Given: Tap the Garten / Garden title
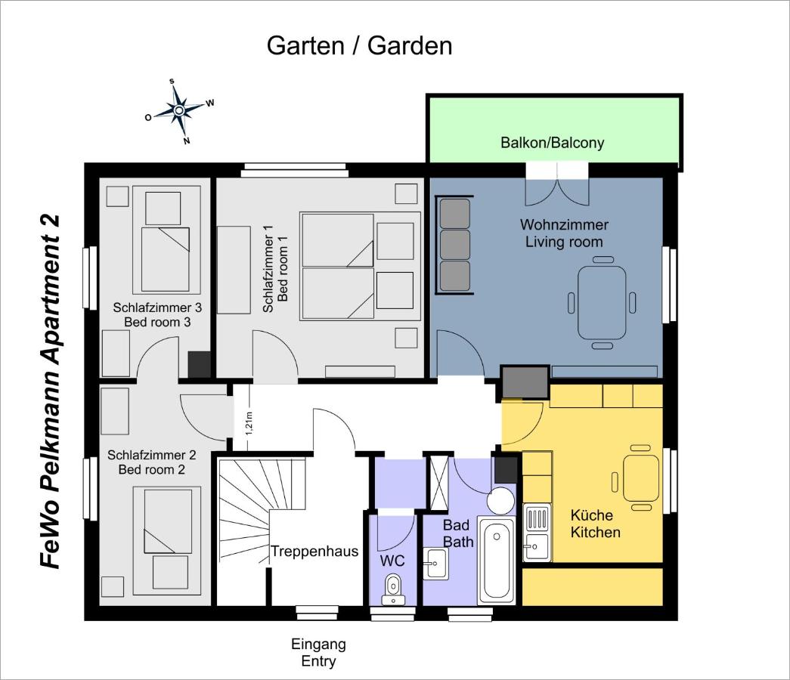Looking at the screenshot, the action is pyautogui.click(x=359, y=46).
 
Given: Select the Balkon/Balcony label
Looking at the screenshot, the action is pyautogui.click(x=552, y=143).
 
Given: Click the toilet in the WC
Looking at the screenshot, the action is pyautogui.click(x=393, y=590).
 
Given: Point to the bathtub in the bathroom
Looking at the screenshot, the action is pyautogui.click(x=496, y=560).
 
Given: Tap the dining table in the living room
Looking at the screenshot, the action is pyautogui.click(x=602, y=303).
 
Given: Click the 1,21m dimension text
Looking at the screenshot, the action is pyautogui.click(x=249, y=422).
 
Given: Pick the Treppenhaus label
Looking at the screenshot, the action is pyautogui.click(x=315, y=551).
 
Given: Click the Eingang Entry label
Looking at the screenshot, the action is pyautogui.click(x=318, y=652).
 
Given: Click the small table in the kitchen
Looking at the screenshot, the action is pyautogui.click(x=641, y=478).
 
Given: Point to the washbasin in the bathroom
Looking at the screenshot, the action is pyautogui.click(x=435, y=564).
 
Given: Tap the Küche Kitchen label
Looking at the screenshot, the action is pyautogui.click(x=595, y=524).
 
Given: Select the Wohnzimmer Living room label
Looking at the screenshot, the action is pyautogui.click(x=564, y=233).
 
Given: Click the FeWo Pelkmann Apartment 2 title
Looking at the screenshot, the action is pyautogui.click(x=50, y=392).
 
